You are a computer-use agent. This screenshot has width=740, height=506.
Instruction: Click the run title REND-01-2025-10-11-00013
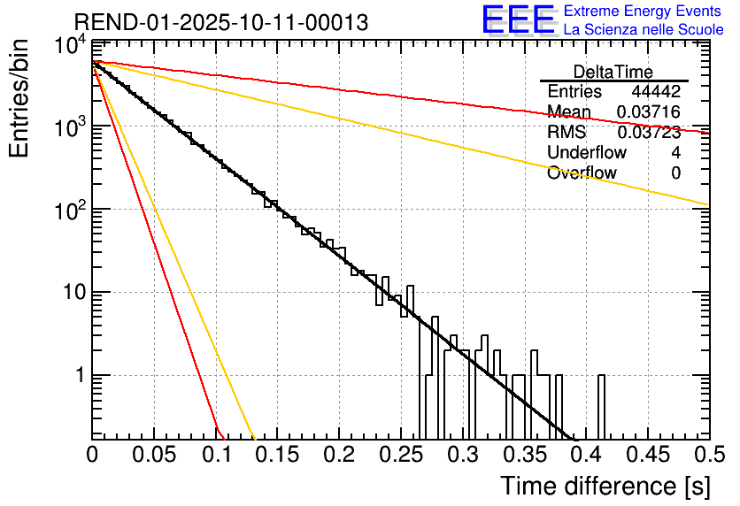[220, 22]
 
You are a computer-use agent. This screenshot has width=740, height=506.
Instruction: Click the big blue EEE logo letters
[518, 20]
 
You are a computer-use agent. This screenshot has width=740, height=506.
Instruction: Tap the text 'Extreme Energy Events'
[644, 11]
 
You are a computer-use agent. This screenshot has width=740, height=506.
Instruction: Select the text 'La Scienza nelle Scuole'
[644, 30]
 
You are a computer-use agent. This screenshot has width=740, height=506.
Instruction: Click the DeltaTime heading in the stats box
[613, 72]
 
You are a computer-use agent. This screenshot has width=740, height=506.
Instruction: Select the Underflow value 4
[675, 153]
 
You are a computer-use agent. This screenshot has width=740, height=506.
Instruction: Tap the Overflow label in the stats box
[582, 173]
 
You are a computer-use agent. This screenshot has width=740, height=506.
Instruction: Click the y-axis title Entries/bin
[26, 99]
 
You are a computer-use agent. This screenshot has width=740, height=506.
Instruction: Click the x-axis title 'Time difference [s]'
[604, 486]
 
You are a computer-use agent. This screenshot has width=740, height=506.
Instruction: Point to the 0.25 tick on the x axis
[400, 456]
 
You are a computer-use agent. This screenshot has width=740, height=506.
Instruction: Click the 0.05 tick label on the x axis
[154, 456]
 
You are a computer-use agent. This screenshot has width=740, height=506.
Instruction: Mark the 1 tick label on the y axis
[78, 375]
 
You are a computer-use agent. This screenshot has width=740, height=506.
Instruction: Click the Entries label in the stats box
[574, 92]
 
